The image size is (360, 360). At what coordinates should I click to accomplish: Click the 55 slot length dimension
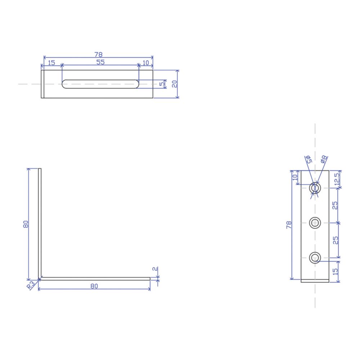[100, 62]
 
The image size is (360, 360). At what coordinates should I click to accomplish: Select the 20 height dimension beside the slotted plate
[175, 84]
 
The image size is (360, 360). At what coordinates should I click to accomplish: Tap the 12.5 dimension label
[337, 179]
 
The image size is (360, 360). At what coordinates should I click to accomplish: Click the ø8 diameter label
[324, 159]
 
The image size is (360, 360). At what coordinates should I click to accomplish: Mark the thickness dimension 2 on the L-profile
[155, 269]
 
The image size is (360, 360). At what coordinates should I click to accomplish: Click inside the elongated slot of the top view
[100, 84]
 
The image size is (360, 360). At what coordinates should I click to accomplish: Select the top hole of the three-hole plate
[315, 188]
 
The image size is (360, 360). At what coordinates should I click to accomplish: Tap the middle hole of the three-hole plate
[315, 223]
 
